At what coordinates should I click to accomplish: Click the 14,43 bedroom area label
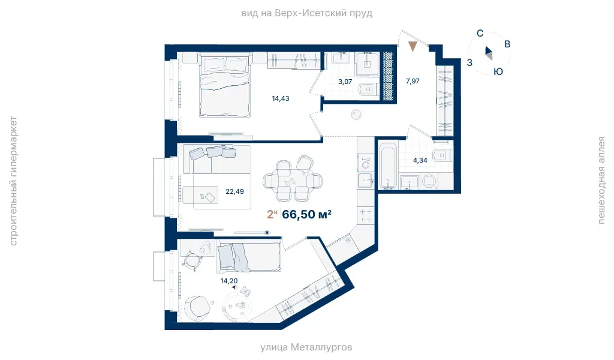click(281, 99)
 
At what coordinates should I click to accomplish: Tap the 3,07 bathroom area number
click(345, 82)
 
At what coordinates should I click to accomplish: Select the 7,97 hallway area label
click(413, 81)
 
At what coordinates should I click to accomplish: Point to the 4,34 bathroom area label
click(420, 160)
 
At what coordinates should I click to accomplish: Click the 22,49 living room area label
click(234, 191)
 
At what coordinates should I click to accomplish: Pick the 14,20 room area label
click(229, 281)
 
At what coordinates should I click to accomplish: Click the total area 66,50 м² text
click(306, 214)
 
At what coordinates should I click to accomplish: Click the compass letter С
click(480, 34)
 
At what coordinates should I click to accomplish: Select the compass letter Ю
click(498, 71)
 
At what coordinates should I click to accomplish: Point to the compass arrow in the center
click(489, 53)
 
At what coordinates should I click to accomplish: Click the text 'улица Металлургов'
click(306, 347)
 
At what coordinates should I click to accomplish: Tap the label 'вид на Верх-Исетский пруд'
click(306, 13)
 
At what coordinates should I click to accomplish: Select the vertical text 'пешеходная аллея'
click(601, 180)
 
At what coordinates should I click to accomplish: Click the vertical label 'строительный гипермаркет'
click(13, 181)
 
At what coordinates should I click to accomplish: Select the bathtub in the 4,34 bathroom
click(388, 166)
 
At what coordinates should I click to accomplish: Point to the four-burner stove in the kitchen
click(366, 216)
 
